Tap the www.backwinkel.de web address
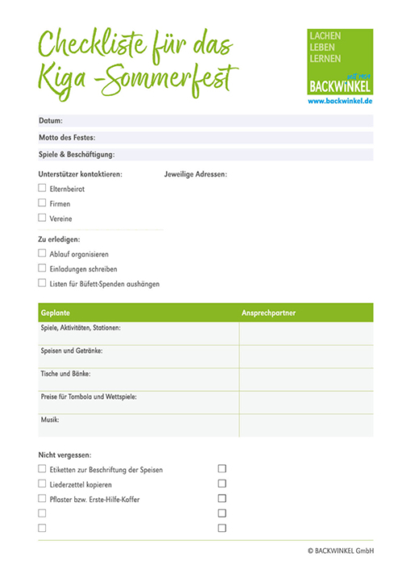click(340, 102)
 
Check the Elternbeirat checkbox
click(42, 188)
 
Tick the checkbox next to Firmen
click(42, 203)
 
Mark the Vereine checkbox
click(42, 218)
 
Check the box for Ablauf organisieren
click(42, 253)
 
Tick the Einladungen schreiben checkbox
click(42, 268)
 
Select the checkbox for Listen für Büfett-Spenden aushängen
click(42, 283)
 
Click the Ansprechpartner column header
click(269, 312)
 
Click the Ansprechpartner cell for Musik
click(306, 425)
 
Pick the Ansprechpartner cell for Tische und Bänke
click(306, 379)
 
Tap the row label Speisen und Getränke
click(72, 352)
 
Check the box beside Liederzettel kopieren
click(42, 484)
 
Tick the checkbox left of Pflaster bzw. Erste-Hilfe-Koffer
click(42, 499)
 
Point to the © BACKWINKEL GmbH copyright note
click(340, 551)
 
